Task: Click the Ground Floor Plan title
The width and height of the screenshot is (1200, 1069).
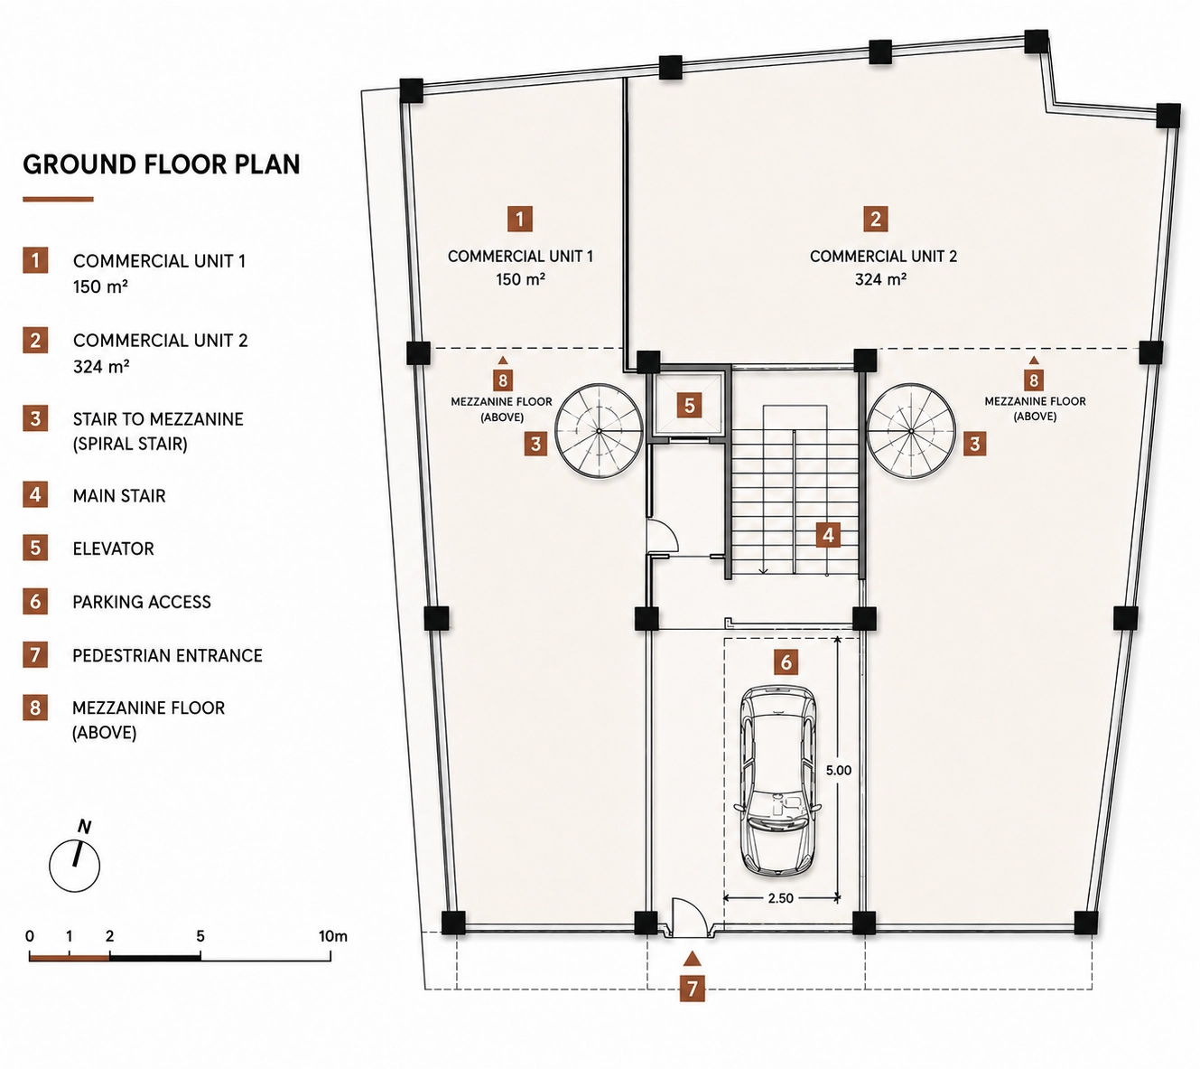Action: pos(162,164)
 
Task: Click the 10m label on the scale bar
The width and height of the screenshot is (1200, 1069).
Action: pos(333,936)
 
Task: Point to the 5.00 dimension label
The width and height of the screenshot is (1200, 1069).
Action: pos(839,770)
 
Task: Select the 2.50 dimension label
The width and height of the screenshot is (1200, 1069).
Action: pos(781,897)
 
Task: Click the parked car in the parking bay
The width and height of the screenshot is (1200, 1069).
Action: pos(777,779)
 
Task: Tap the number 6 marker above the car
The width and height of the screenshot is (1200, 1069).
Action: pos(786,661)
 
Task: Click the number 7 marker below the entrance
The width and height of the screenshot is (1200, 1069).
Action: pos(692,989)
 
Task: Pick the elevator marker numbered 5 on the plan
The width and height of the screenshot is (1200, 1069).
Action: pos(690,406)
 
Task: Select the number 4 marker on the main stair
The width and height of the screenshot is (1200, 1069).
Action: pos(828,535)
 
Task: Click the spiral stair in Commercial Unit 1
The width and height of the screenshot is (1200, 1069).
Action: pos(599,431)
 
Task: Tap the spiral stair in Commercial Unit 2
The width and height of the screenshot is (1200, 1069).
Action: pos(911,431)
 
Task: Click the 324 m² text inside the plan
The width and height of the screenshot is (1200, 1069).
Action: pos(880,279)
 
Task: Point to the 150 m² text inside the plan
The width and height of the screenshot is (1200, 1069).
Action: pos(520,279)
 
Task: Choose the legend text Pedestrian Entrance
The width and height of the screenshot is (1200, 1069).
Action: pos(168,655)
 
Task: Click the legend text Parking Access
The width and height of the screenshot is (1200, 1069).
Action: pos(142,602)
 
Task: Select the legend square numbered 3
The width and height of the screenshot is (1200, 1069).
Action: pos(35,418)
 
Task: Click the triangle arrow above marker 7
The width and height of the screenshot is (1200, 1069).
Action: pos(692,958)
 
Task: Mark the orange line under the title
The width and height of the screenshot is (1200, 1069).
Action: pos(58,199)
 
